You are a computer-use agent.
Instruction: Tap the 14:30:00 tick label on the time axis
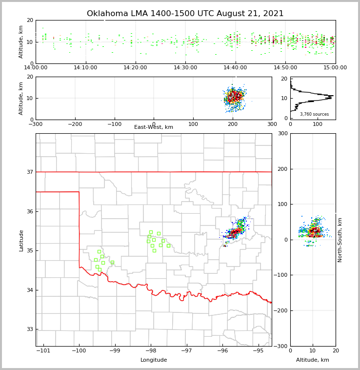186,68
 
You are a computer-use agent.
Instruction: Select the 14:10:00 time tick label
86,68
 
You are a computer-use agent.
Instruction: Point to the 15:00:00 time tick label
335,68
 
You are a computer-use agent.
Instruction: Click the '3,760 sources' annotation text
314,114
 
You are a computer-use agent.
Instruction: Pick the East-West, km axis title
154,127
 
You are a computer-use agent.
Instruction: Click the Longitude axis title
154,360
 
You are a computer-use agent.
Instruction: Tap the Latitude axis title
21,240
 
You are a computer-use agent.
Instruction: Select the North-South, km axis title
340,240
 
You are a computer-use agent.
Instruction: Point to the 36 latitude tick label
30,211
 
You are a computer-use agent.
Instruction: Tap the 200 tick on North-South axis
282,169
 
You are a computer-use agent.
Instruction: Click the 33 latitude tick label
30,329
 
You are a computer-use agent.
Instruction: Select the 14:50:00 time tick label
285,68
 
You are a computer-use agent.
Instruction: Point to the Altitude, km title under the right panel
313,360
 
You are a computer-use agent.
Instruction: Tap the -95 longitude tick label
258,351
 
